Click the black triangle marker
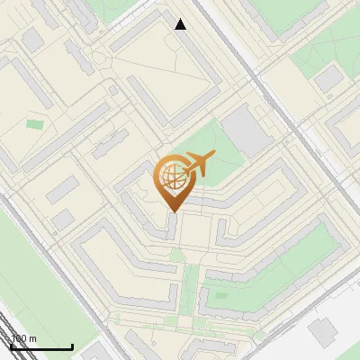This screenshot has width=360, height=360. [x=181, y=24]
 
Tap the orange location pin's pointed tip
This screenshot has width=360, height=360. [x=174, y=211]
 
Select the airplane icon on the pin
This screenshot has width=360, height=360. [x=199, y=165]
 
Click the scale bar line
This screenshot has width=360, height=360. [x=41, y=347]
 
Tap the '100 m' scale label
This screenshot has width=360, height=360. [x=24, y=338]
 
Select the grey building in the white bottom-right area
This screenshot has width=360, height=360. [x=321, y=331]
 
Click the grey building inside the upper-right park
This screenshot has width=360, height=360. [x=329, y=79]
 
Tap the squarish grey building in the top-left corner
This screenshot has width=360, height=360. [x=32, y=40]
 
